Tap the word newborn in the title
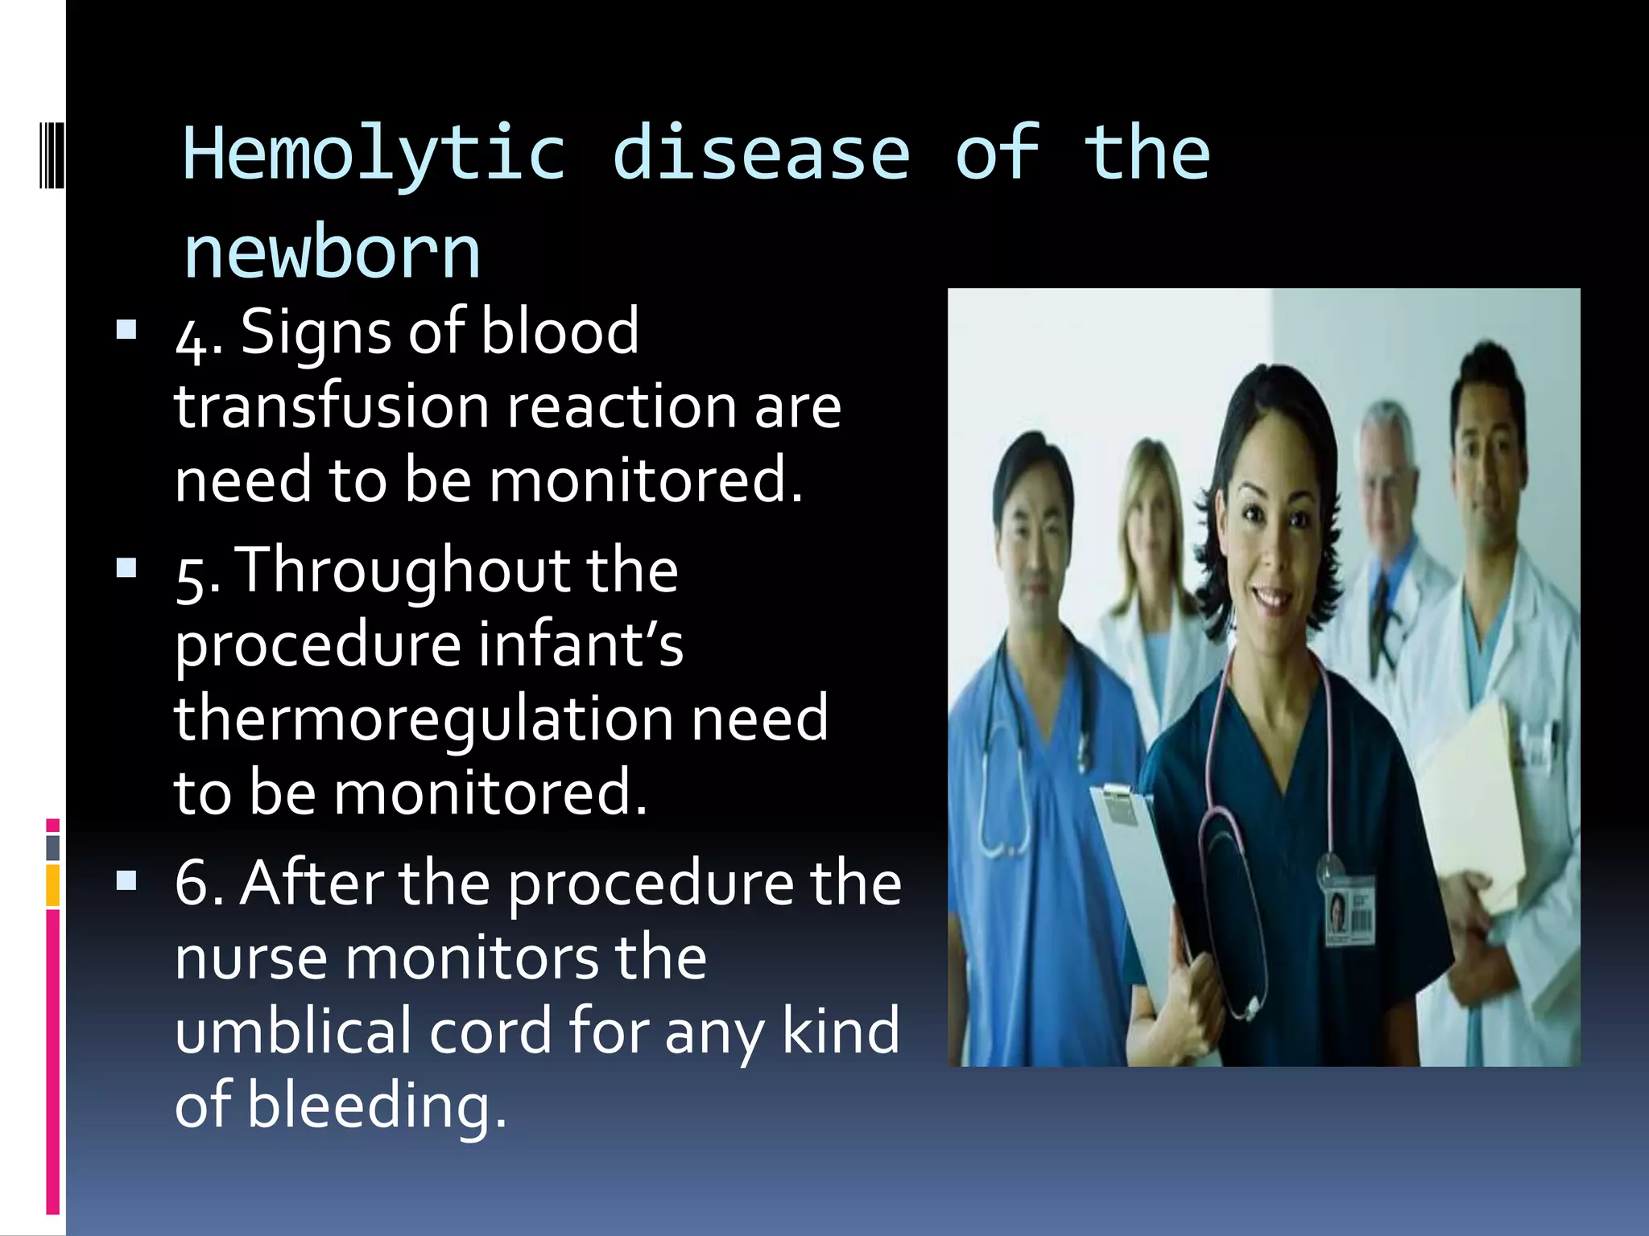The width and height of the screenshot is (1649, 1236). (x=332, y=253)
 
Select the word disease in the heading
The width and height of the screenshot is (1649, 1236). (x=761, y=154)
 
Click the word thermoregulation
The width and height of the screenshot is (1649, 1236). (x=422, y=719)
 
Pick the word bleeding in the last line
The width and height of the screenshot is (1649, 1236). (x=377, y=1105)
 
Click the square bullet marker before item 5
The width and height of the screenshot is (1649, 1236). (x=126, y=569)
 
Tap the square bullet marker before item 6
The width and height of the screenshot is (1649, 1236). (x=126, y=882)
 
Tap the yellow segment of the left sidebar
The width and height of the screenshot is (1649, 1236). (x=53, y=885)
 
